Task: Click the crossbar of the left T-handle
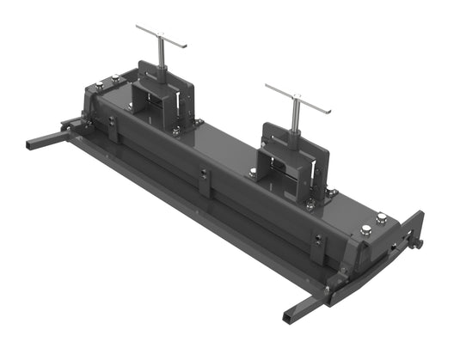(161, 35)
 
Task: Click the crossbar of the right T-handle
(297, 98)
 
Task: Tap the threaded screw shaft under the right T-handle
(295, 119)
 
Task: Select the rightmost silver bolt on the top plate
(381, 219)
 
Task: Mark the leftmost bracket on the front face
(113, 131)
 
